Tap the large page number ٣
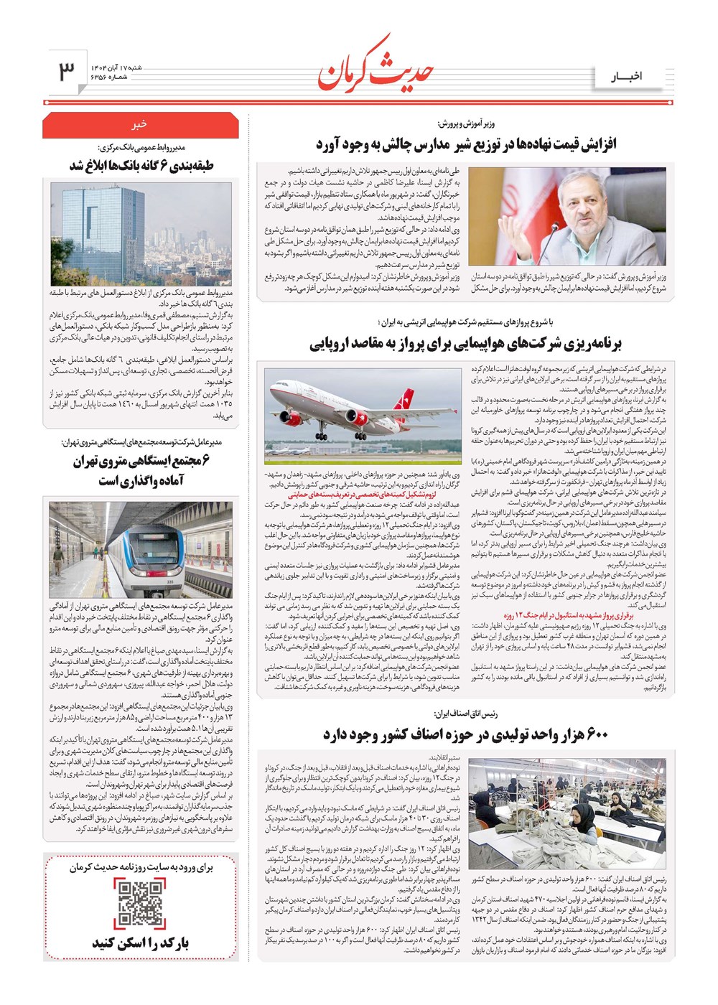pos(66,70)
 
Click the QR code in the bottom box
pos(141,904)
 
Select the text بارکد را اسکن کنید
pos(140,943)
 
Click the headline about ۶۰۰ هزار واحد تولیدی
pos(465,734)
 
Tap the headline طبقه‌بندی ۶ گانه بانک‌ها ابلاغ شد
pos(141,166)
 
